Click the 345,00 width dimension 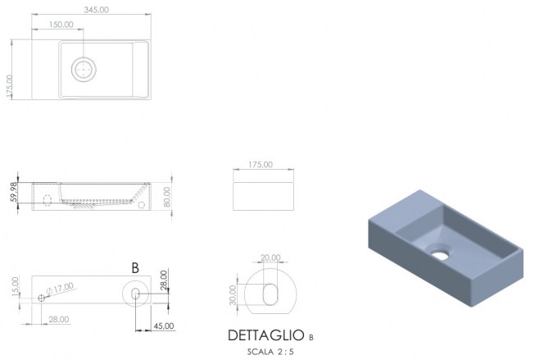(x=97, y=10)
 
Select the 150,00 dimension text (x=61, y=25)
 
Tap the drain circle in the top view (x=84, y=70)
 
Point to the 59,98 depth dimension (x=14, y=192)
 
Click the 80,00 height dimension (x=167, y=196)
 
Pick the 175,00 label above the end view (x=261, y=165)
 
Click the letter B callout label (x=135, y=268)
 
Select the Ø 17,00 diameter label (x=60, y=289)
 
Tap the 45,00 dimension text (x=164, y=326)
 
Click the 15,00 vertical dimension (x=15, y=286)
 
